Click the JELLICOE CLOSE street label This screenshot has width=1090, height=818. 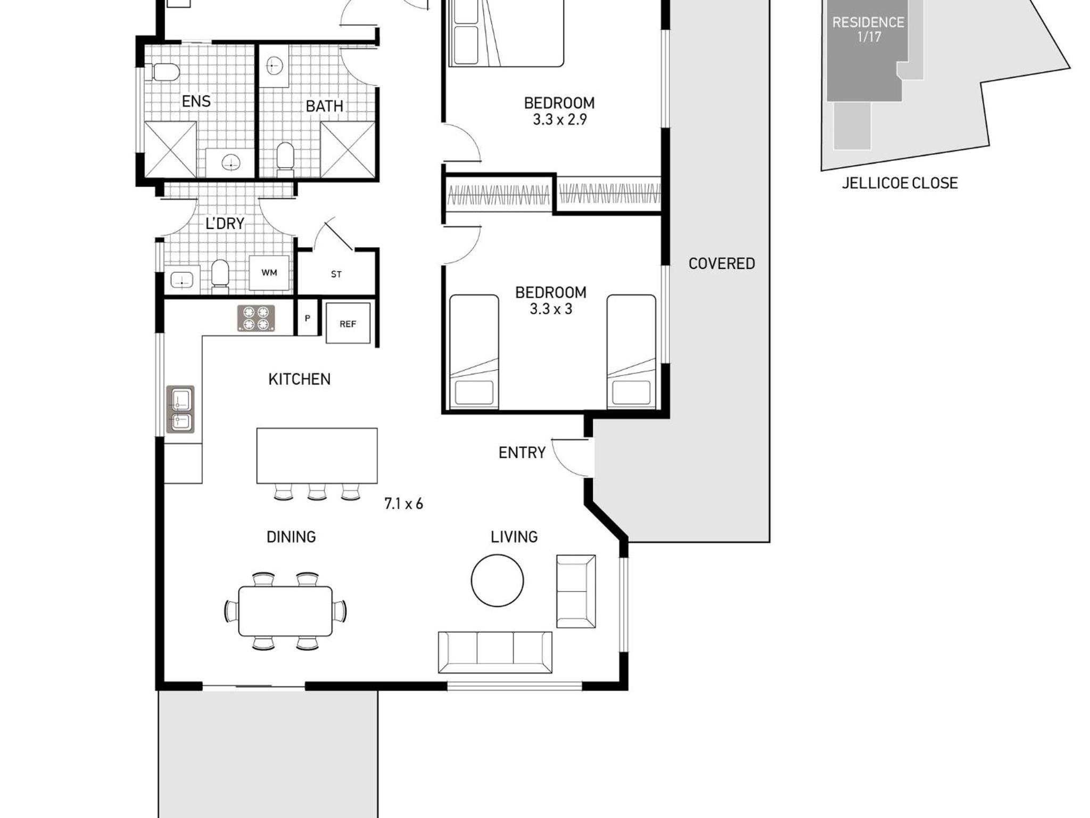coord(899,183)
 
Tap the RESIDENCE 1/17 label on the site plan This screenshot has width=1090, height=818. coord(868,29)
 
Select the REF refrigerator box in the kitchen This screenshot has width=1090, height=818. coord(348,323)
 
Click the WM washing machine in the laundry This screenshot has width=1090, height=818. coord(269,273)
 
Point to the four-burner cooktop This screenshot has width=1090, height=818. coord(256,318)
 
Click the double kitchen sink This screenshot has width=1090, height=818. coord(180,410)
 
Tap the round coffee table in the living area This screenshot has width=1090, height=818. coord(497,580)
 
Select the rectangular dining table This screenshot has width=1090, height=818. coord(285,611)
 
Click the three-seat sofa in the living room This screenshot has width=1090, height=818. coord(495,652)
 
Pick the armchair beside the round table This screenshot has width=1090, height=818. coord(576,591)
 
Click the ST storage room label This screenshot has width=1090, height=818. coord(336,274)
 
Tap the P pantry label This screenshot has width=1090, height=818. coord(307,318)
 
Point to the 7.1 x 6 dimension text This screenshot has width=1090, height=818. coord(403,504)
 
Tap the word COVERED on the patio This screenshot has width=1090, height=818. coord(722,264)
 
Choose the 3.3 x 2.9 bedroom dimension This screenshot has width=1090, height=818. coord(560,119)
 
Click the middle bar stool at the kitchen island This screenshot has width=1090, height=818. coord(317,492)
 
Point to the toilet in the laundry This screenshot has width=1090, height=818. coord(220,276)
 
